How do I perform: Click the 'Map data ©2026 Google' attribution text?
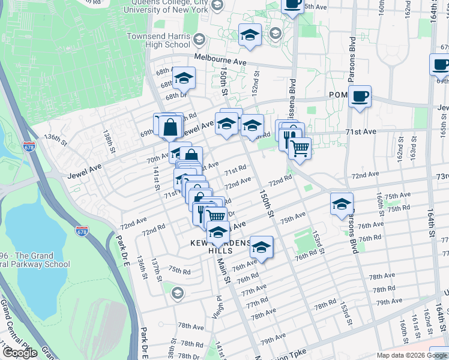click(x=411, y=355)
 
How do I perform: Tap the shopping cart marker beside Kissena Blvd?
click(x=300, y=147)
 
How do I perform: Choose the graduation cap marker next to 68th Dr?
click(x=184, y=79)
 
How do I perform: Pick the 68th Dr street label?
click(x=173, y=96)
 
